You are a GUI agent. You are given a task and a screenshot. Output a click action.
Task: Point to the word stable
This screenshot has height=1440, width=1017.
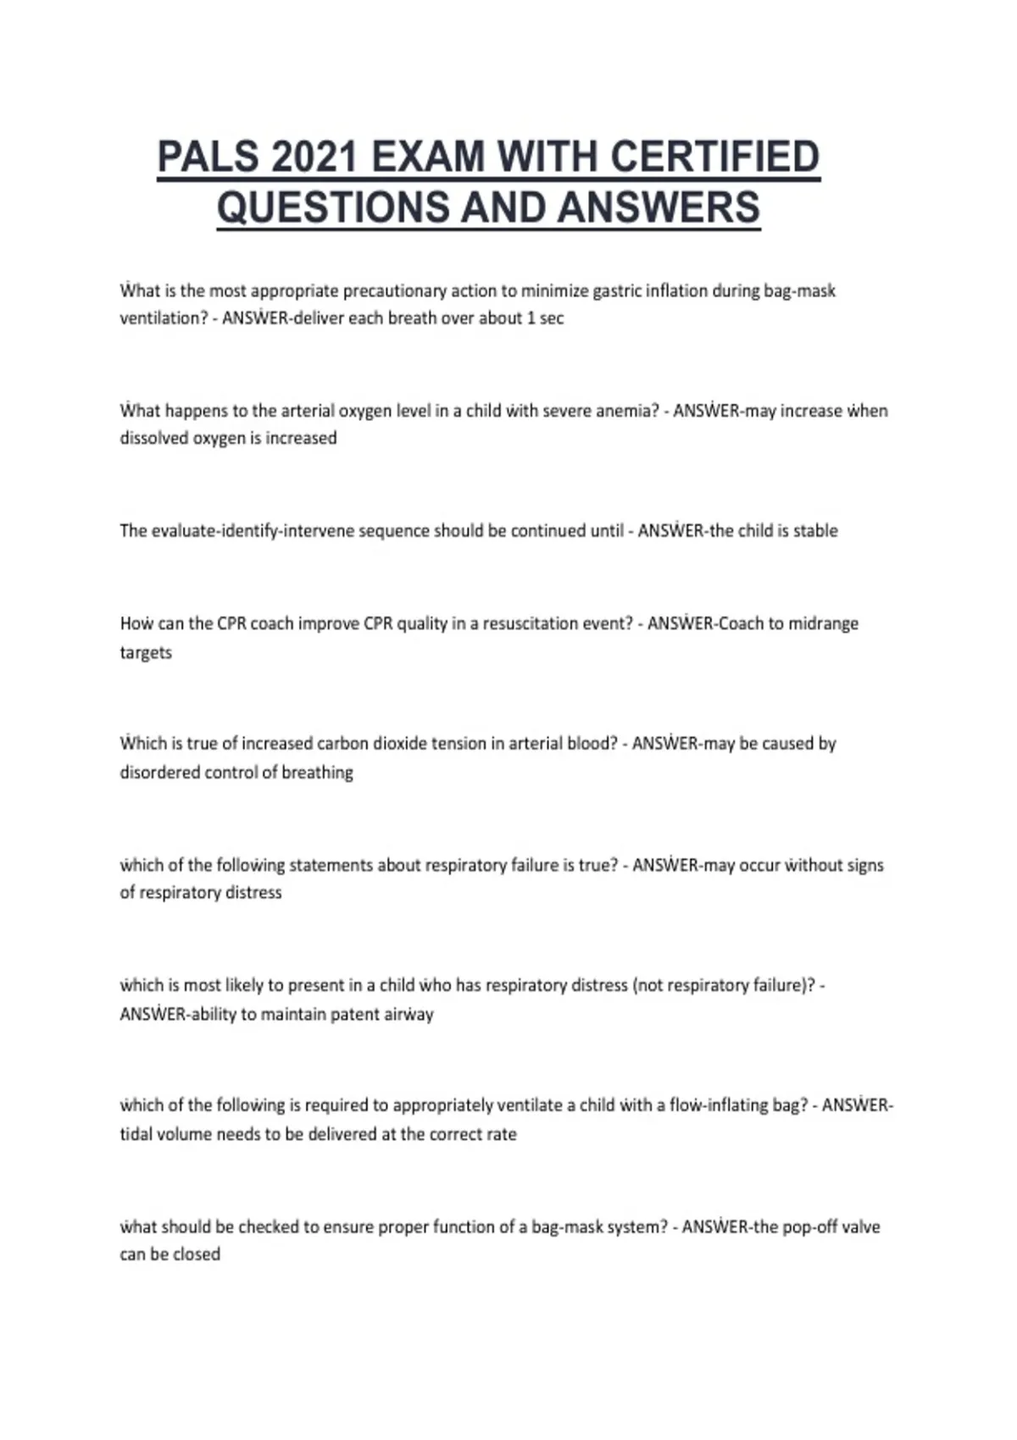[815, 531]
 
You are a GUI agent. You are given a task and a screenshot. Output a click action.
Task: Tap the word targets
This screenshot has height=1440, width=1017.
[146, 653]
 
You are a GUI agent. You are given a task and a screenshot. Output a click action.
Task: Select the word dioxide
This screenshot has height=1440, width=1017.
[398, 744]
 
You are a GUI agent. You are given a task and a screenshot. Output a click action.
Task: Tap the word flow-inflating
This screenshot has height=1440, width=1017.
[718, 1105]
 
